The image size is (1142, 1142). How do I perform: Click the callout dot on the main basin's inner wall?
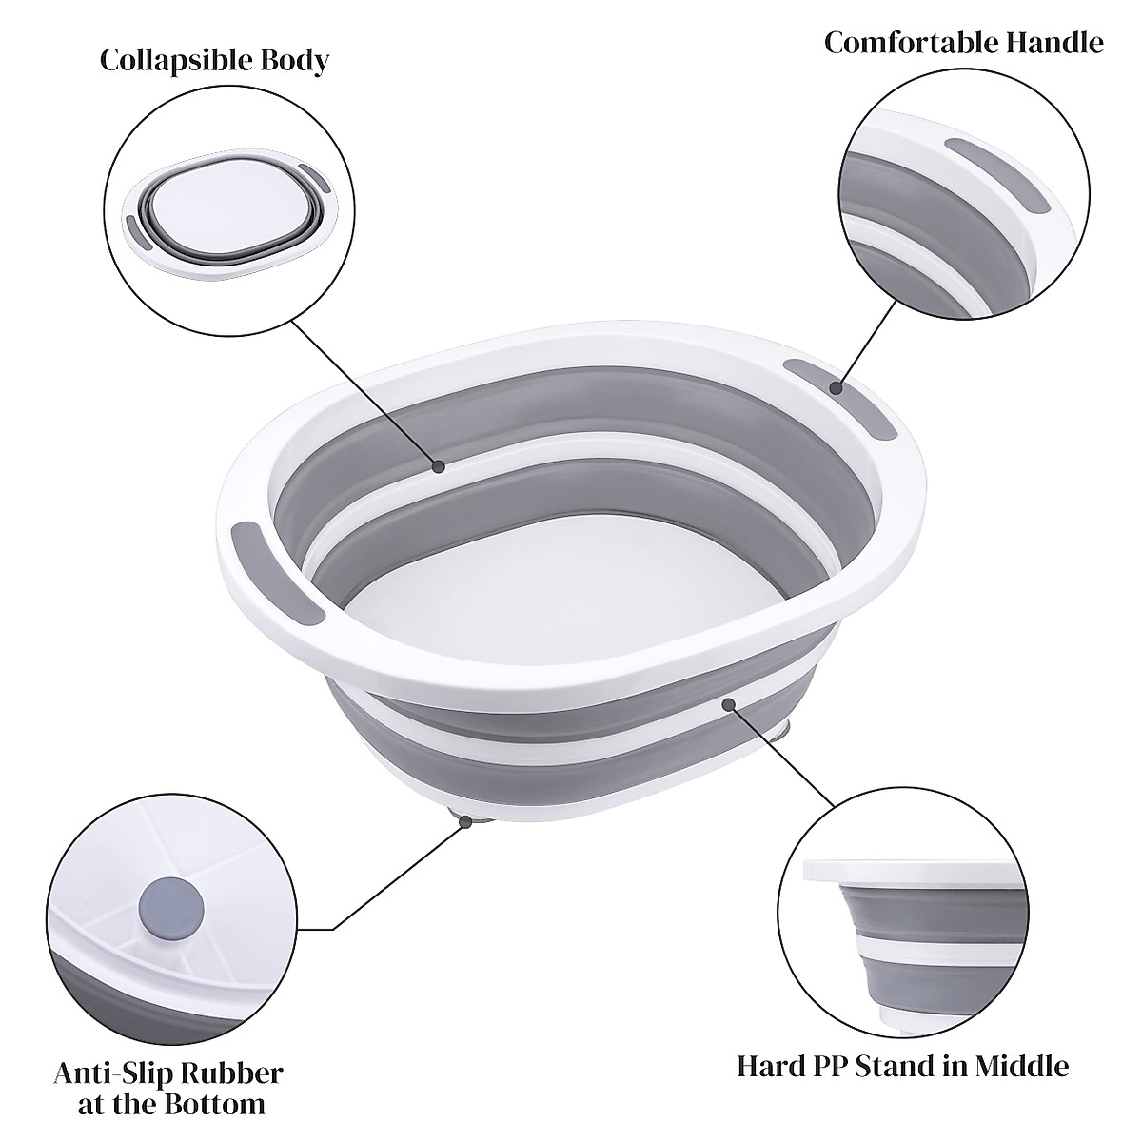coord(439,466)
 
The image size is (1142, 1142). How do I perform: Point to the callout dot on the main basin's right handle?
coord(837,387)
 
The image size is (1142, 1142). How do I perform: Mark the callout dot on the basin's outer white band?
coord(728,705)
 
